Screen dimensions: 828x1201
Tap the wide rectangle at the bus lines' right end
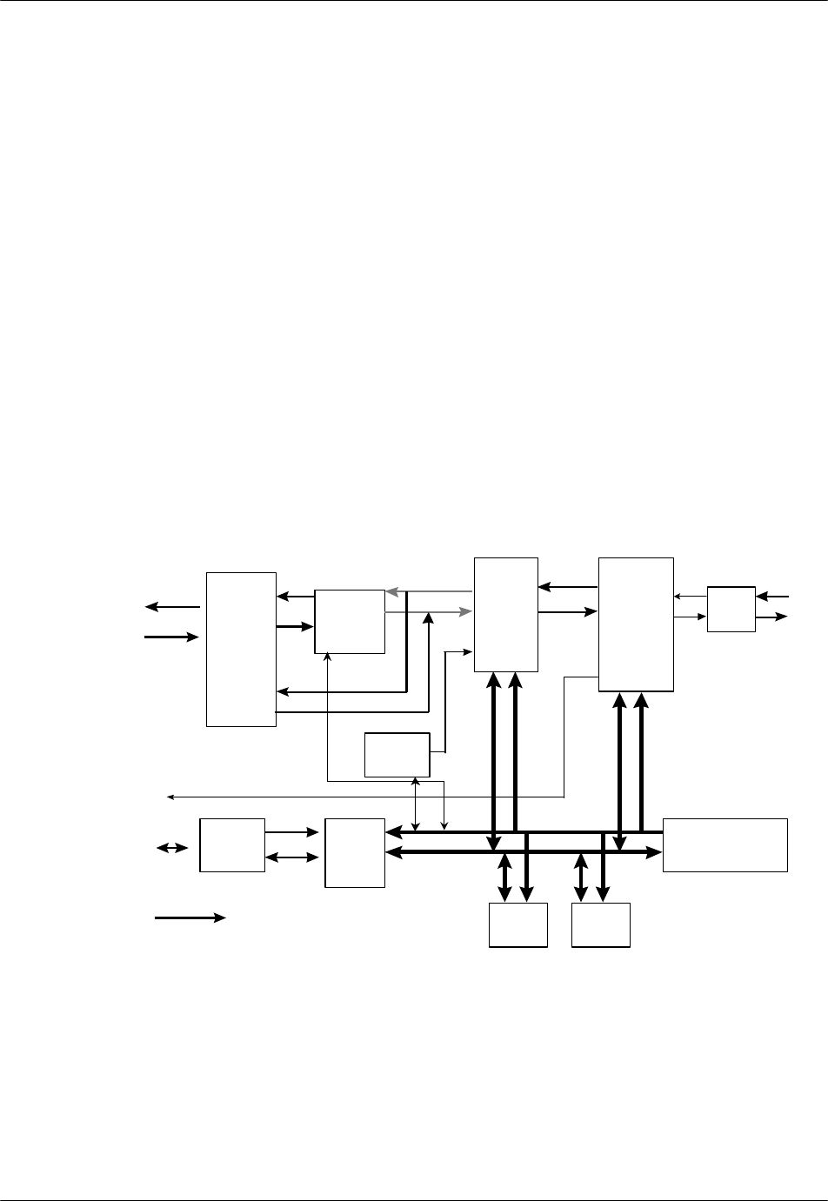724,844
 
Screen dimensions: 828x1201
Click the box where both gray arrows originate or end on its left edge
505,614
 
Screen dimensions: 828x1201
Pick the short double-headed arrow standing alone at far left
171,847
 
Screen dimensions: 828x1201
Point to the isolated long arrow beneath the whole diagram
190,917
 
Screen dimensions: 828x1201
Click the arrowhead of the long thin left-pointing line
170,796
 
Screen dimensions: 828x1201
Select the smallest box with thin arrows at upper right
731,610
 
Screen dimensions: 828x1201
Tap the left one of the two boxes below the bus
517,924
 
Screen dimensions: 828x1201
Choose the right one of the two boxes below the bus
600,924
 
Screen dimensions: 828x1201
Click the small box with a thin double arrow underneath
397,755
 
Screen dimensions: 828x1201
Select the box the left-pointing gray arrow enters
349,621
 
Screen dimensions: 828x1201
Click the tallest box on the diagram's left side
241,649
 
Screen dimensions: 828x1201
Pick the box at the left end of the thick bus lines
354,852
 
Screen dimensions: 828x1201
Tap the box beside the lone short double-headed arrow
232,844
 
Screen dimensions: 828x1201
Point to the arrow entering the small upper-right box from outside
773,597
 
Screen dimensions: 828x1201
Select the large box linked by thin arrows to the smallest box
636,624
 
